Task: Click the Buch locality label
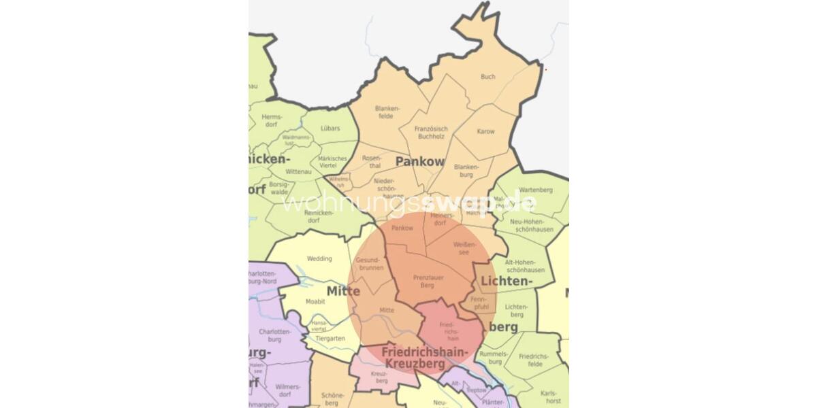coord(487,77)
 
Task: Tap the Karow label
coord(485,131)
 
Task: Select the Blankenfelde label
coord(386,112)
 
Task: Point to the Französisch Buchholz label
coord(432,133)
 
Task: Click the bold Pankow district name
coord(419,162)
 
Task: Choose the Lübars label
coord(330,128)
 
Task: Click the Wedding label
coord(319,259)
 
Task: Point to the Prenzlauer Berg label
coord(428,282)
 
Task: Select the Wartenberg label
coord(536,190)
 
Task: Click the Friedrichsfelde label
coord(534,360)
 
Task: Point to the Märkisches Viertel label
coord(333,162)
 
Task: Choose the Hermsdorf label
coord(272,120)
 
